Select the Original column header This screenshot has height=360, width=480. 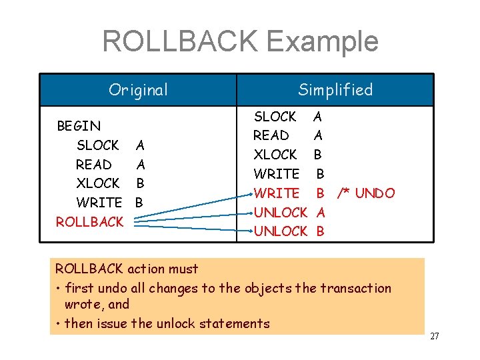138,90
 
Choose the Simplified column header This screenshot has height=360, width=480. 335,90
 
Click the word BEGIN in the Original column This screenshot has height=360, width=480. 79,126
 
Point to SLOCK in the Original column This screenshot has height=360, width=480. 97,145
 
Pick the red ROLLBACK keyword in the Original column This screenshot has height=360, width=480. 90,221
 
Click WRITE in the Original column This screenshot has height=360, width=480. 99,202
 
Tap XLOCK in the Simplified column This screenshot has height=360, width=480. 275,155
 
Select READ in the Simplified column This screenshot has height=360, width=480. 271,135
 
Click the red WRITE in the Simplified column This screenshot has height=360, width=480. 277,193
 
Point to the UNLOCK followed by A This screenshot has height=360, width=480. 280,213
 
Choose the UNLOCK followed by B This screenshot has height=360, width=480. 280,231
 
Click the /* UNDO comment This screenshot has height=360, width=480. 366,193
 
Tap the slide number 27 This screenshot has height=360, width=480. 434,336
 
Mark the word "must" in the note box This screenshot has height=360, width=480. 183,269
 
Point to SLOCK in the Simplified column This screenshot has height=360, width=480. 275,117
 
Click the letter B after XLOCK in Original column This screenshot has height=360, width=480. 140,183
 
